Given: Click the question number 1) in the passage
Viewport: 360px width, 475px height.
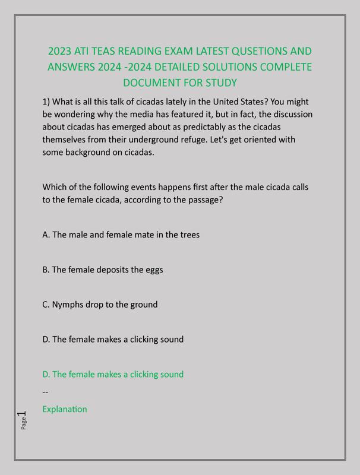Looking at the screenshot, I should [x=46, y=102].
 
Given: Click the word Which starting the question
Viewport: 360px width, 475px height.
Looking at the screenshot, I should [x=55, y=187].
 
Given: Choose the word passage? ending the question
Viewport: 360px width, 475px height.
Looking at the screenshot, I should [x=204, y=199].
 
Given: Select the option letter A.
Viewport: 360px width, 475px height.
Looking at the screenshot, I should [x=46, y=235].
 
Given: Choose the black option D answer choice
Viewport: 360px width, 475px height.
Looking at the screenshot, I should [x=113, y=340].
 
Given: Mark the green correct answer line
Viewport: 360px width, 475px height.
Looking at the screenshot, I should [x=113, y=374].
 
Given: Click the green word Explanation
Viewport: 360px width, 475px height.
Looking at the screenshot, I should [x=65, y=409].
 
